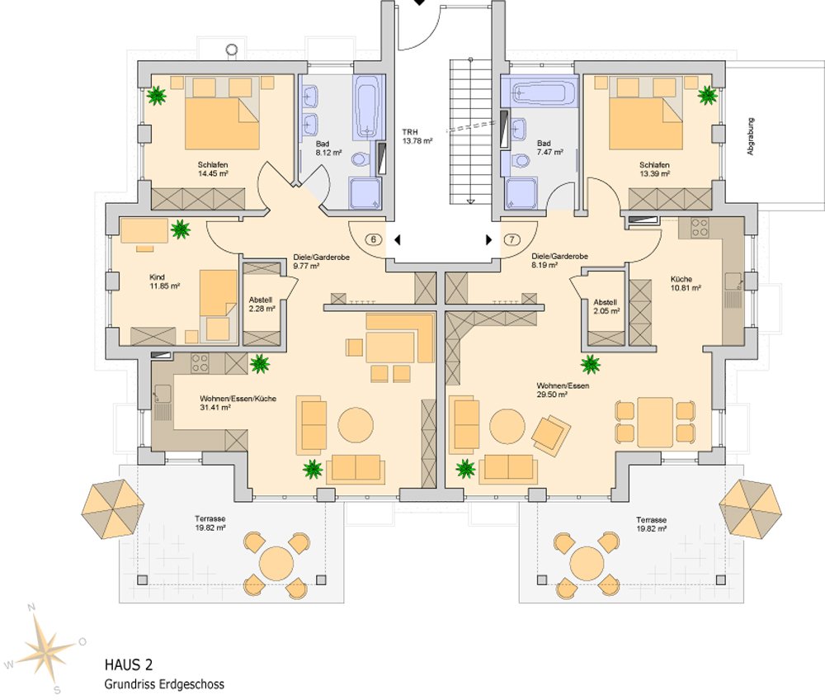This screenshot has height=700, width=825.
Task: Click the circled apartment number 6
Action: point(373,240)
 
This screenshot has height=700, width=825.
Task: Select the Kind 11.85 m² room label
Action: point(164,281)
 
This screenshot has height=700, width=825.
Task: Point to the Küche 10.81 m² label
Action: point(686,283)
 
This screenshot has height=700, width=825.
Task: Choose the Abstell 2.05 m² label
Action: point(605,307)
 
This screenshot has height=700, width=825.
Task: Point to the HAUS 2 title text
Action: point(128,664)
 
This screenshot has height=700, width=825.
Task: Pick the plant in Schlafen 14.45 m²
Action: point(156,97)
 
